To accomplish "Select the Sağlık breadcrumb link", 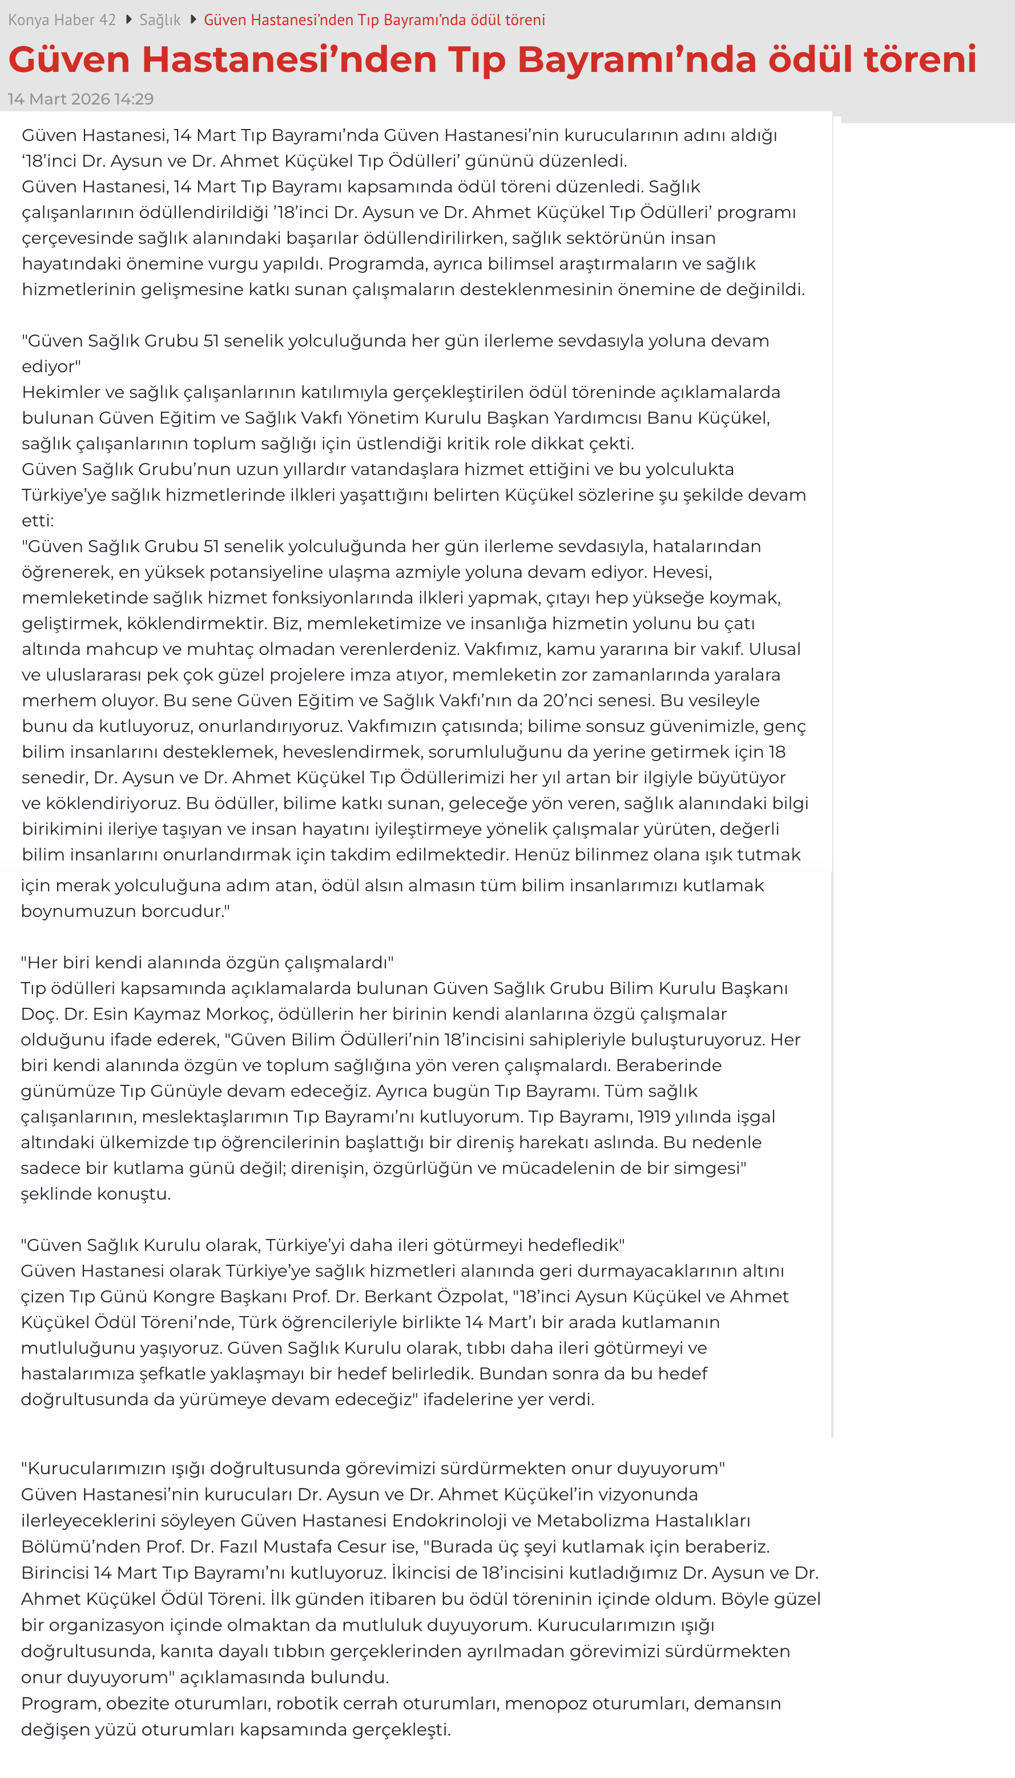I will click(x=160, y=20).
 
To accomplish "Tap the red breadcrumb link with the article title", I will click(x=374, y=20).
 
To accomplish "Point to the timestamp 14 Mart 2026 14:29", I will click(x=81, y=99).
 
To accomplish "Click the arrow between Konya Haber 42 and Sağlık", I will click(x=128, y=19).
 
